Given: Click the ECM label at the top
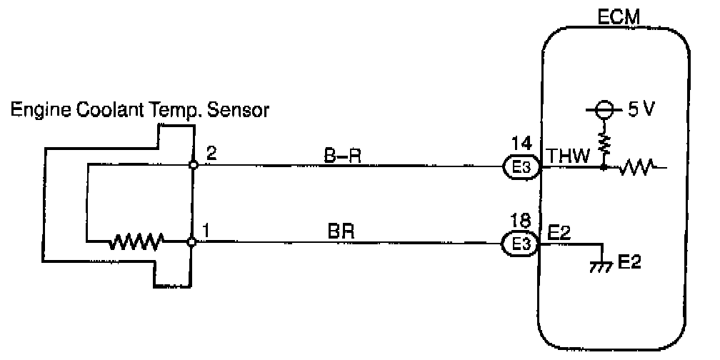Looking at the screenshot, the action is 614,16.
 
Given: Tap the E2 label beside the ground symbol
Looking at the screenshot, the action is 629,263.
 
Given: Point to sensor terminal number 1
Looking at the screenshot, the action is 208,231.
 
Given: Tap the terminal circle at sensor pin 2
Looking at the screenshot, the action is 193,166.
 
